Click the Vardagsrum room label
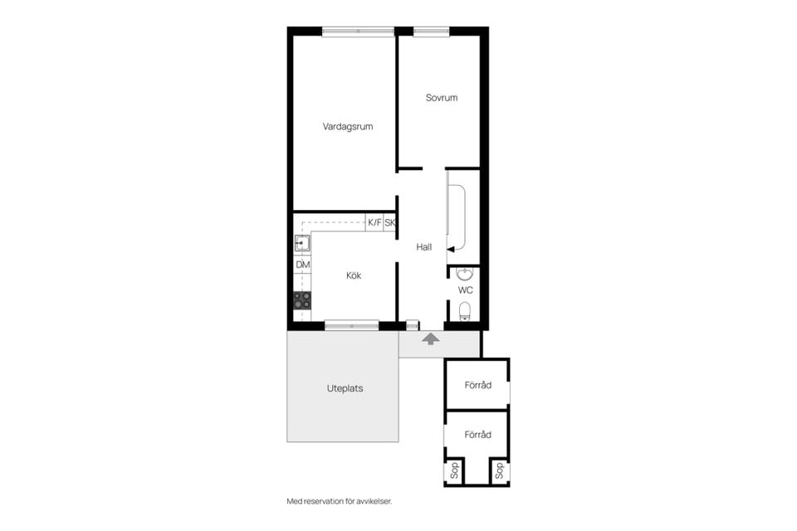tap(348, 126)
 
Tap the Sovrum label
tap(442, 98)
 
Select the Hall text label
tap(424, 247)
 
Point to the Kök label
tap(354, 275)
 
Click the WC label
tap(466, 290)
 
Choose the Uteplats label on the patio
tap(345, 388)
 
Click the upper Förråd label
tap(478, 385)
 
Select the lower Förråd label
tap(478, 435)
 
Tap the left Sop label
tap(455, 470)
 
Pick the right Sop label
tap(500, 470)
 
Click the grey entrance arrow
tap(431, 339)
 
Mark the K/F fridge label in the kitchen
tap(374, 222)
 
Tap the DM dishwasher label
tap(303, 265)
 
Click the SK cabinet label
tap(390, 222)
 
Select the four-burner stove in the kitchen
tap(302, 300)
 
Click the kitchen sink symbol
tap(302, 243)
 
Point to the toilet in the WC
tap(465, 311)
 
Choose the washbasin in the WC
tap(465, 275)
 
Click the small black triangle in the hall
tap(450, 249)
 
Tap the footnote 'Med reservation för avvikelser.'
tap(340, 501)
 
